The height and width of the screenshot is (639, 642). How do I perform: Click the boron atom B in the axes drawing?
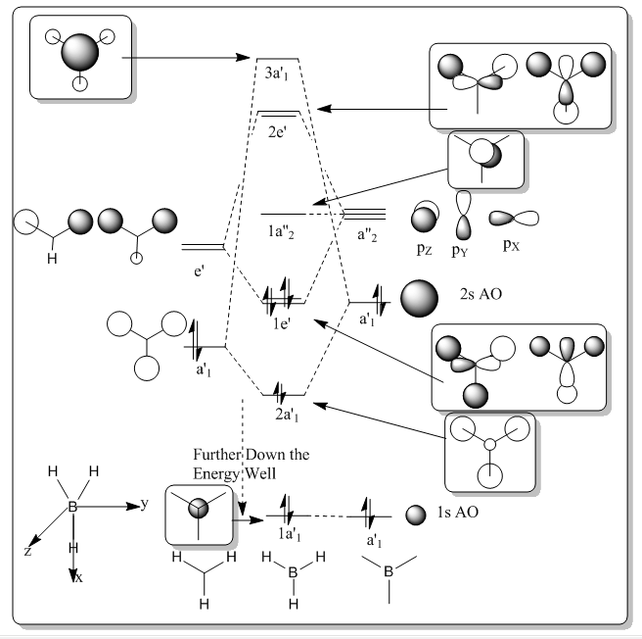point(72,507)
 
